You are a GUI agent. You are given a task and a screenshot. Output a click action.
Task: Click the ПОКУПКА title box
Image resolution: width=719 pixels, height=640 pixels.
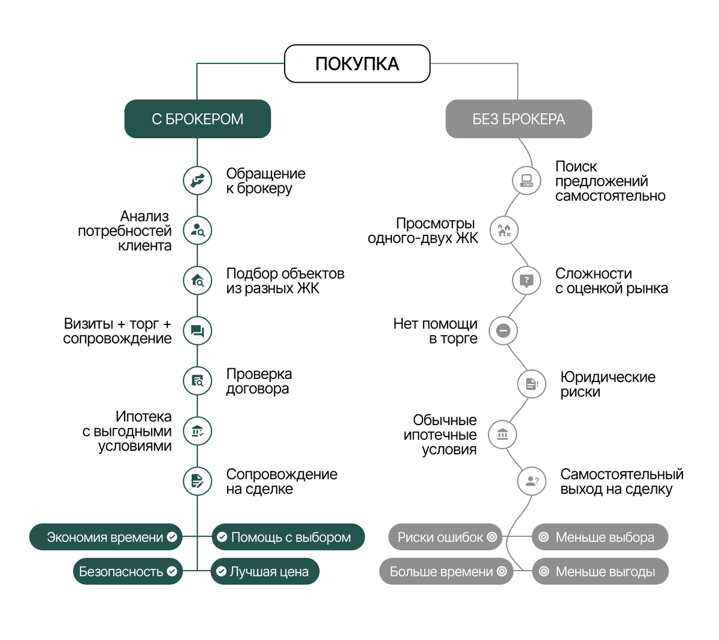(x=357, y=63)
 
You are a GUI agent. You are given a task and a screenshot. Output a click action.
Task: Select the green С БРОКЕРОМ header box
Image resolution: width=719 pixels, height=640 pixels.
(x=197, y=119)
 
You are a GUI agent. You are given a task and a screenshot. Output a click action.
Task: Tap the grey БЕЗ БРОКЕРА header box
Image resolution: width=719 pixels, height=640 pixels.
(x=518, y=119)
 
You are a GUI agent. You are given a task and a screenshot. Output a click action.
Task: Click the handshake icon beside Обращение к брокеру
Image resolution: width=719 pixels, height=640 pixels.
(x=197, y=180)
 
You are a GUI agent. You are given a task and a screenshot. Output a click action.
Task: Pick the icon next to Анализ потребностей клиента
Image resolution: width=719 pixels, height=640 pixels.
(x=197, y=230)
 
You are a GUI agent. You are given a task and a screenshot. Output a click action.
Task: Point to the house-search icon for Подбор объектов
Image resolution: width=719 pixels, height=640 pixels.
(x=197, y=280)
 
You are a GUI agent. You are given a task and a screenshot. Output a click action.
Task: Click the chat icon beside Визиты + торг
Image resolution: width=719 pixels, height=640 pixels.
(x=197, y=330)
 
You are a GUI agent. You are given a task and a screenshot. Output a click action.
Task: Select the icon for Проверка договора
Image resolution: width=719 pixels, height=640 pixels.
(x=197, y=381)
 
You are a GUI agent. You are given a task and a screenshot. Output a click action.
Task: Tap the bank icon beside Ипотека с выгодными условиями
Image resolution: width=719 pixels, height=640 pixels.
(x=197, y=431)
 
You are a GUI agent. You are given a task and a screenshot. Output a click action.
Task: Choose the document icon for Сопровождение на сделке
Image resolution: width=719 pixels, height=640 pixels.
(x=197, y=481)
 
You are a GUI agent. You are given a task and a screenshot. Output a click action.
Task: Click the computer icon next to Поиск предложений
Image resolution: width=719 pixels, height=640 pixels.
(x=526, y=180)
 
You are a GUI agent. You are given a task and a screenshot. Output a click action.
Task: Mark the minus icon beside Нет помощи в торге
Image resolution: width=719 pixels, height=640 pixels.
(x=503, y=330)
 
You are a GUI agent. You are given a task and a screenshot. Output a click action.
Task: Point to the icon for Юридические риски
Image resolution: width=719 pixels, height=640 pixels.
(x=531, y=384)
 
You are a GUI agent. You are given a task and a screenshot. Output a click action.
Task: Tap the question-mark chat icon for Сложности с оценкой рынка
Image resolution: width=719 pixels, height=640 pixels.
(x=526, y=280)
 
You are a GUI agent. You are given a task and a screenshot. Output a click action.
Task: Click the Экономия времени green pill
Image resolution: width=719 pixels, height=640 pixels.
(x=105, y=538)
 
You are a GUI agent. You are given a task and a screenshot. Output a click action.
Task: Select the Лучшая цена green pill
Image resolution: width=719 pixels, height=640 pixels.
(x=265, y=572)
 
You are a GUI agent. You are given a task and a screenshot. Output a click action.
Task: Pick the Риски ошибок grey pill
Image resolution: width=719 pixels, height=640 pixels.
(x=445, y=538)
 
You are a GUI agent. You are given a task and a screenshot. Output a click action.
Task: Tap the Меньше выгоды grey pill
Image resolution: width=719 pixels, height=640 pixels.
(x=600, y=572)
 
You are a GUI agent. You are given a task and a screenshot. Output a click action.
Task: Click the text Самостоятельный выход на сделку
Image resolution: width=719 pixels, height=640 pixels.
(x=621, y=481)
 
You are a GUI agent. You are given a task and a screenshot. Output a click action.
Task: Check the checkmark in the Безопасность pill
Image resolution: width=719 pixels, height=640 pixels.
(x=172, y=572)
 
